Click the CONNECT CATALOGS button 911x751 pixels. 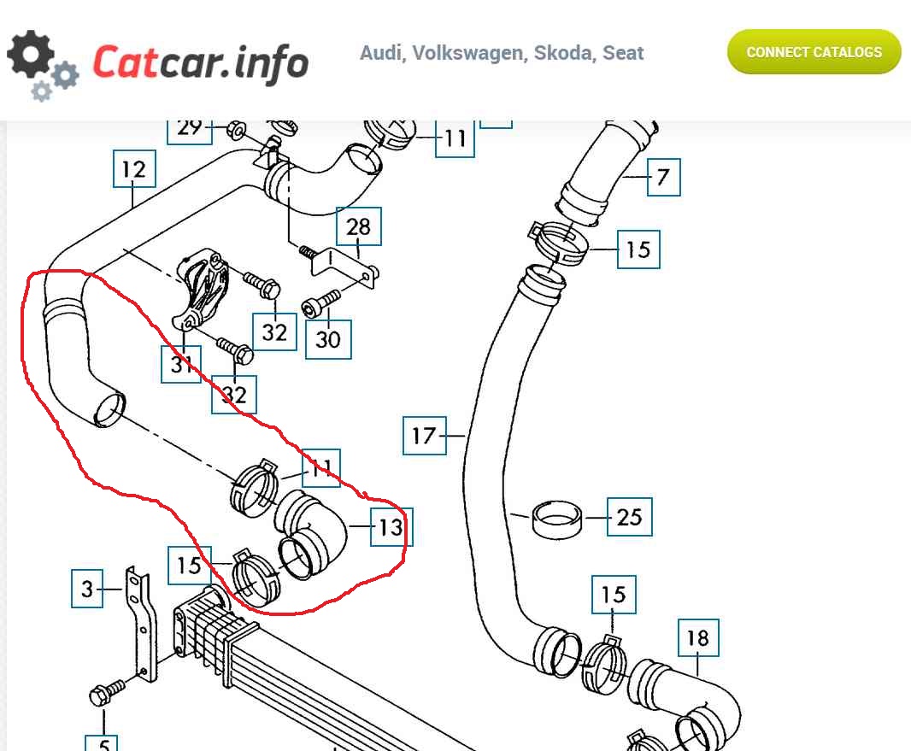point(814,52)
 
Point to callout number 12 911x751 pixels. point(133,169)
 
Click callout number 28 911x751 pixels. point(359,226)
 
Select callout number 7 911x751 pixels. point(663,179)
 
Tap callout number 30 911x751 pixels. point(328,339)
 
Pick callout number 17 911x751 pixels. point(424,436)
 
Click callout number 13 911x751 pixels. point(391,527)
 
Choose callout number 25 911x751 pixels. point(629,517)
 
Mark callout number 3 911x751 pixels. point(87,589)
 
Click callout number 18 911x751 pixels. point(698,637)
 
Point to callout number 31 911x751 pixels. point(181,365)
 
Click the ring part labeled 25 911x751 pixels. point(557,518)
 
